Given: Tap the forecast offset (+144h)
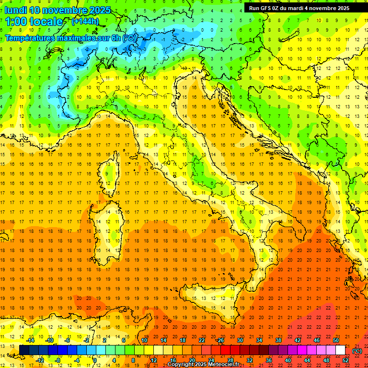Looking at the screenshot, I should (x=85, y=21).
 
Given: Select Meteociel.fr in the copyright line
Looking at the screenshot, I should (x=224, y=365).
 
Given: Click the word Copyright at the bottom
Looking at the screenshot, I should (x=181, y=365).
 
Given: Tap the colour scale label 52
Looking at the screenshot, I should (x=345, y=360).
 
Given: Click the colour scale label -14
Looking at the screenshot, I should (x=30, y=340).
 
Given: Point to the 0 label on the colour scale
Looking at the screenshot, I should (x=95, y=360).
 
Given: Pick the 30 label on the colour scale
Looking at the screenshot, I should (x=240, y=340).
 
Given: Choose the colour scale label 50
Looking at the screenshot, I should (x=335, y=340).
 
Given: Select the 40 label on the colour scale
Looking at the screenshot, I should (x=287, y=360).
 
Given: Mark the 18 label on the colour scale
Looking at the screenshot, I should (x=182, y=340).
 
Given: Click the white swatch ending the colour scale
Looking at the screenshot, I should (x=340, y=350).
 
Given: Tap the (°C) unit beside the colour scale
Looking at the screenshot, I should (x=357, y=350).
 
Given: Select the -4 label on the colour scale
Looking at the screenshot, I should (x=76, y=360).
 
